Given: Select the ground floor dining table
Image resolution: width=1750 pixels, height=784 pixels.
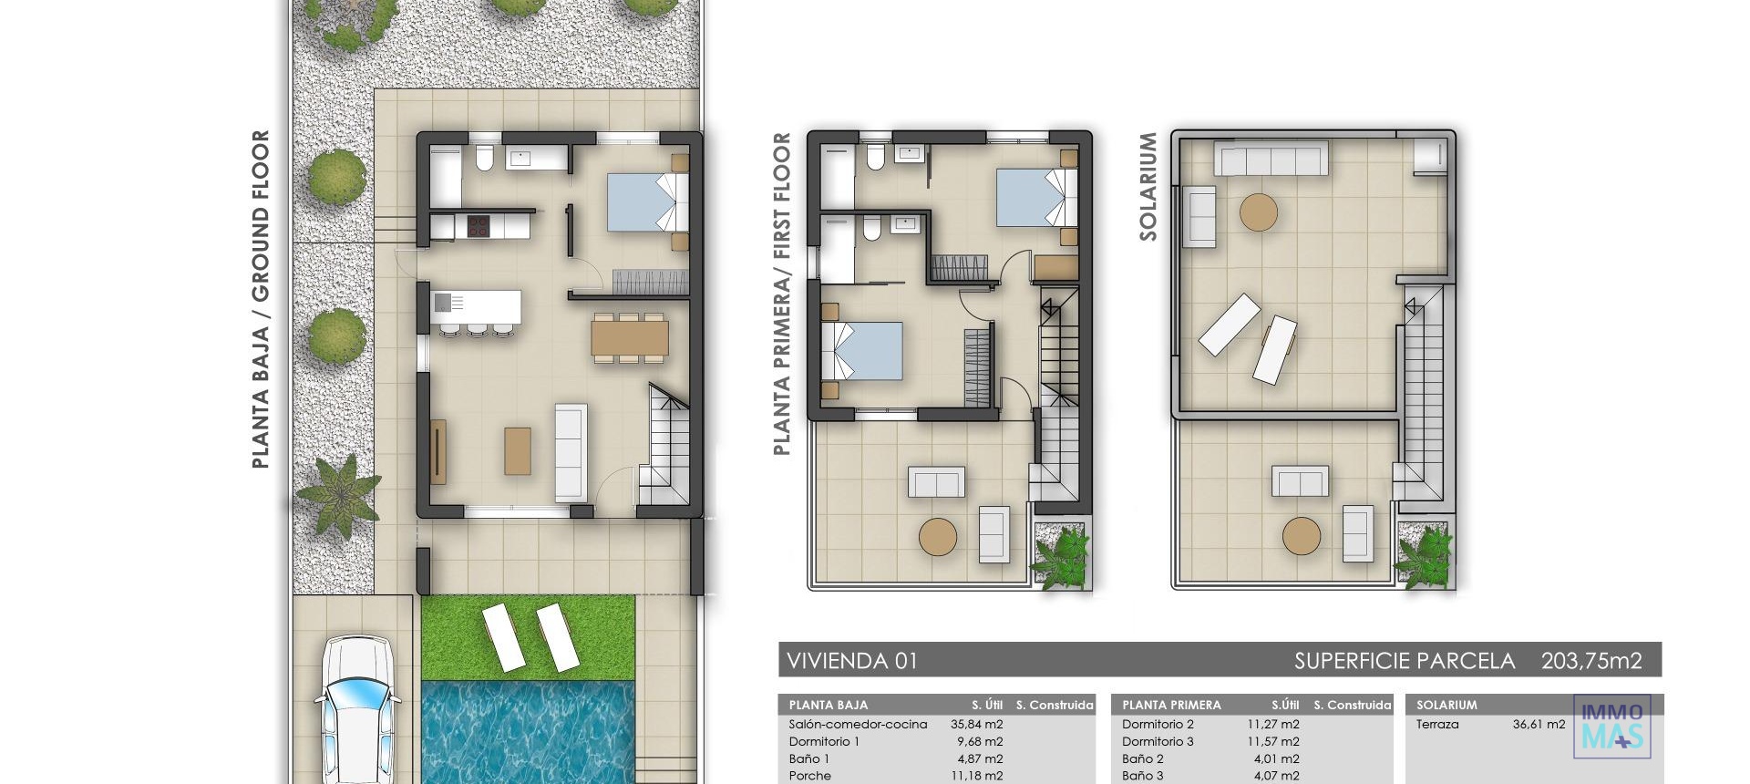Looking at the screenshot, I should (629, 337).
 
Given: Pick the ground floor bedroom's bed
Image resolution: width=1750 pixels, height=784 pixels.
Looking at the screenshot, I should (645, 201).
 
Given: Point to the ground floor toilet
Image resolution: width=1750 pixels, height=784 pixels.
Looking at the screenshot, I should (483, 160).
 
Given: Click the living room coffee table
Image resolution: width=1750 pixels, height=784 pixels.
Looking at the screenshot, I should (518, 451).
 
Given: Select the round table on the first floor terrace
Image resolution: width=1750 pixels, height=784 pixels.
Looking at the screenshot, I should (938, 537).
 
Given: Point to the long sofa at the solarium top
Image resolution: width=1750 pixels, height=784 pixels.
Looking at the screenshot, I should (1270, 160).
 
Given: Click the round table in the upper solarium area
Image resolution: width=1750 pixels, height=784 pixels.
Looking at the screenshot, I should (1259, 212).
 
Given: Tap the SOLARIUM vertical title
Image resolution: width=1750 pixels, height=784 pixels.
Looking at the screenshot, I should (1148, 187).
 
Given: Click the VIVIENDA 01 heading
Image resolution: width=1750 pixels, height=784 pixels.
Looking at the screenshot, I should (851, 661).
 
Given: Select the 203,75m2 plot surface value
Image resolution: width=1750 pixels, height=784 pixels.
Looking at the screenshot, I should (1590, 661).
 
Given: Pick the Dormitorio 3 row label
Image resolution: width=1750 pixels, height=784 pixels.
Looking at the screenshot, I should (1158, 742).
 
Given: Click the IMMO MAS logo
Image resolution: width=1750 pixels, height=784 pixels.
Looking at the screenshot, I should (1611, 727).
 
